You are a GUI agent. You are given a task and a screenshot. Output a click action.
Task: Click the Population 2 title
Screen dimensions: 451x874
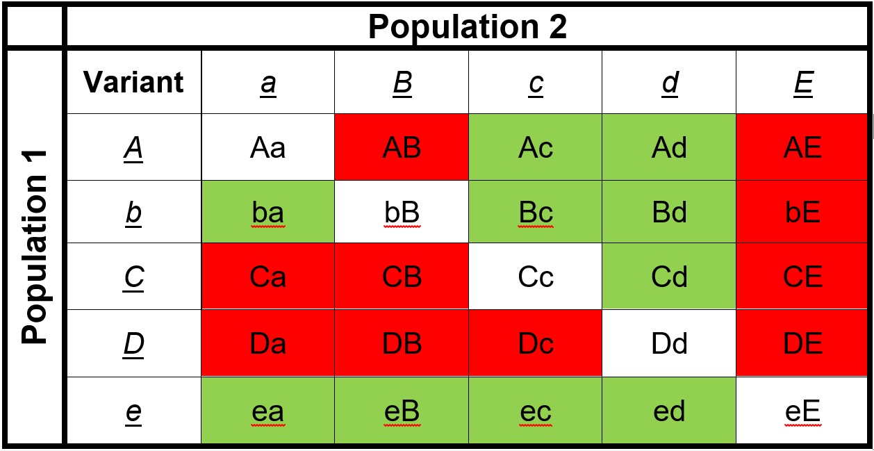[467, 26]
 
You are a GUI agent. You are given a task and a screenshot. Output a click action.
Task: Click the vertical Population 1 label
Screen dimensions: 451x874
[34, 247]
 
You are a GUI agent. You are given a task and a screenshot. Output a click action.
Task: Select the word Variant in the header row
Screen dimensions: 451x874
[133, 83]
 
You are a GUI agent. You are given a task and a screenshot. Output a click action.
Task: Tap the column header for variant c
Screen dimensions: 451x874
[536, 83]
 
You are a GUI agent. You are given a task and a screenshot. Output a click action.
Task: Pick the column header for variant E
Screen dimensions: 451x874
[803, 83]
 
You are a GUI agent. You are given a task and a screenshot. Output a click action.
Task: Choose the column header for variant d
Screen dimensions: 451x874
[670, 83]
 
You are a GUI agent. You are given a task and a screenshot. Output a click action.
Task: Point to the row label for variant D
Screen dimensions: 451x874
[133, 344]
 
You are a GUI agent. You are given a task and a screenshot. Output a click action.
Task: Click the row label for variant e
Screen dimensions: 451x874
[133, 411]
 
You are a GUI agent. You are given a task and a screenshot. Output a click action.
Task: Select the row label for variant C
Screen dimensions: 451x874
[133, 277]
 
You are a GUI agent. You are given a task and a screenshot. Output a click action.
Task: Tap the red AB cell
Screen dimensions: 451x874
[402, 147]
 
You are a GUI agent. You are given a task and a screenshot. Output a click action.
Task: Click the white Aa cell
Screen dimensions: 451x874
[268, 147]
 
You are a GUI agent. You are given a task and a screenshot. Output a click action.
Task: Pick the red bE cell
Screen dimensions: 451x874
[803, 213]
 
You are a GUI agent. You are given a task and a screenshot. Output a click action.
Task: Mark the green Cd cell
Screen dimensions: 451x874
[670, 277]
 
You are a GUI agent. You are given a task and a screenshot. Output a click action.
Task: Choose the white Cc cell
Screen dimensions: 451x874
[536, 277]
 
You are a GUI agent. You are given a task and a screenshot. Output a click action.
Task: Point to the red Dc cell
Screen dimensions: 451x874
[536, 344]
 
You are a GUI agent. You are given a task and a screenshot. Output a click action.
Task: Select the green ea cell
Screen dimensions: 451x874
[268, 411]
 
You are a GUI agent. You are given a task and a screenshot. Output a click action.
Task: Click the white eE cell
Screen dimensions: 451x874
[803, 411]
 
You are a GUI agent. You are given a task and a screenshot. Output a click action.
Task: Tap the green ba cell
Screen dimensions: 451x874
[268, 213]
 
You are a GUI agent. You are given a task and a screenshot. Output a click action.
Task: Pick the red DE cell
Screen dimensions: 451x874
[803, 344]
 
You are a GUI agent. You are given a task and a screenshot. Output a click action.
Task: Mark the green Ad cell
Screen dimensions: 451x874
[670, 147]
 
